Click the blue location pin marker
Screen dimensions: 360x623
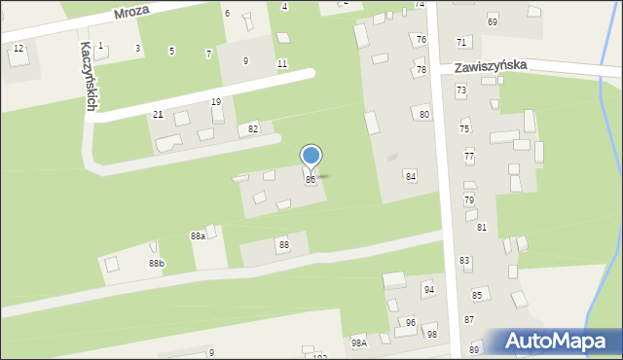[311, 157]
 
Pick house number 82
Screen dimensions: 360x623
[253, 128]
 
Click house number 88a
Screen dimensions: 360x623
[198, 235]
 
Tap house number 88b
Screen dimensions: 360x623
[157, 264]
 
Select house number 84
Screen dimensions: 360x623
[411, 176]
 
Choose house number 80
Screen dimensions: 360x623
[424, 114]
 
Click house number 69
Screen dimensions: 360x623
[493, 21]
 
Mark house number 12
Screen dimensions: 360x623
[18, 48]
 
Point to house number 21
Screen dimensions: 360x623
[158, 115]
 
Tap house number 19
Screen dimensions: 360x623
[215, 102]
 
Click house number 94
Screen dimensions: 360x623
[428, 290]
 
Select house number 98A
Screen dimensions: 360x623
[359, 342]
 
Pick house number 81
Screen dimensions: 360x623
[482, 227]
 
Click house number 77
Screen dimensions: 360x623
[469, 156]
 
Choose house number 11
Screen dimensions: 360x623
[281, 63]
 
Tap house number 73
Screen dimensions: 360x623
[460, 90]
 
